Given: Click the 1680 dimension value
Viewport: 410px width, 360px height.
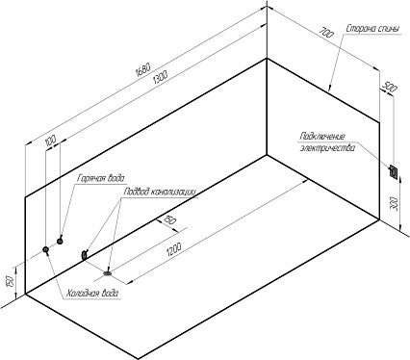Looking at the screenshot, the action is point(143,69).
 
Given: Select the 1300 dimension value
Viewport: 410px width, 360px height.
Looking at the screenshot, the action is point(160,77).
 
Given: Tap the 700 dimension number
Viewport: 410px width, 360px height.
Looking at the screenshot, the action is point(327,33).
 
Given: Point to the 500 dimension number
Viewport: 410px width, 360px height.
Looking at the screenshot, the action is point(390,87).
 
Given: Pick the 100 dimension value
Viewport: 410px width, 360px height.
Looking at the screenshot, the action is point(51,141).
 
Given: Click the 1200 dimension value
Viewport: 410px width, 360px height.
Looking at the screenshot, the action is point(174,249).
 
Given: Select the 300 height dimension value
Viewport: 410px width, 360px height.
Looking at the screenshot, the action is point(395,204).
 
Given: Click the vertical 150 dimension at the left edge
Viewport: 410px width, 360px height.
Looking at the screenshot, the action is point(11,281).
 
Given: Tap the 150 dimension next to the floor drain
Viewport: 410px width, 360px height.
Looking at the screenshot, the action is point(170,219).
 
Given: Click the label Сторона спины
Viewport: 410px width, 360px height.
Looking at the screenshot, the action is point(373,29).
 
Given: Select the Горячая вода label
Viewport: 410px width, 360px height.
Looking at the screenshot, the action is point(100,178).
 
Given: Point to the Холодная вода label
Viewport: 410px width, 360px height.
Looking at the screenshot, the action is point(92,294).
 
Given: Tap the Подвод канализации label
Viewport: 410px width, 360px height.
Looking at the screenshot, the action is point(160,192).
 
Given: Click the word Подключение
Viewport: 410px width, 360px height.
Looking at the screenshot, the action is point(322,137).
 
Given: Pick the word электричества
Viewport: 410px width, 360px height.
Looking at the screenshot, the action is point(327,148).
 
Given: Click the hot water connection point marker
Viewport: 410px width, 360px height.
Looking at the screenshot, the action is point(60,241).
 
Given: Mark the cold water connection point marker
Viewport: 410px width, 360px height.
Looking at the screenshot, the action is point(46,249).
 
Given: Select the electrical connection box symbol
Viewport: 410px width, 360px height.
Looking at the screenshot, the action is point(394,171).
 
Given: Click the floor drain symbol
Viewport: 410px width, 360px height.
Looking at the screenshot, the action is point(108,273).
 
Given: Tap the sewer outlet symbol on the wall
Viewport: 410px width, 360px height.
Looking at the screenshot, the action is point(85,255).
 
